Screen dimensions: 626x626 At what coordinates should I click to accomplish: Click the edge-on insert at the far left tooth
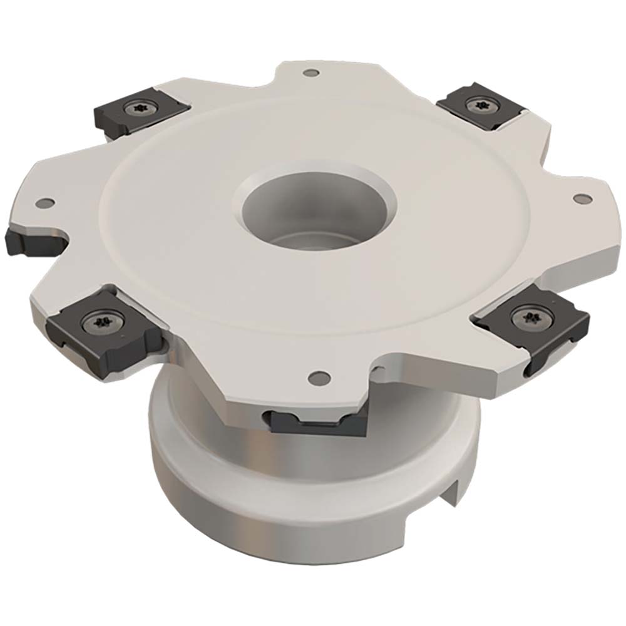[28, 241]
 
